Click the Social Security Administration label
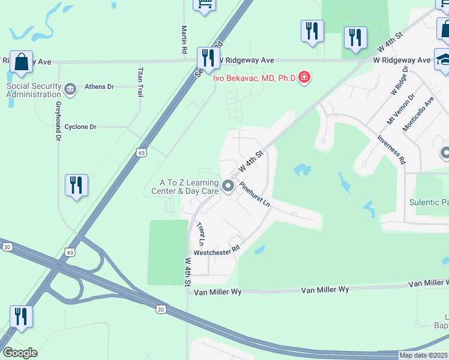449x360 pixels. (x=34, y=90)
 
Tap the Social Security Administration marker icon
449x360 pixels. (x=70, y=91)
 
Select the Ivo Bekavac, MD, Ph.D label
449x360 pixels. (x=256, y=77)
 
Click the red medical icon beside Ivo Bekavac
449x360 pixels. (x=304, y=77)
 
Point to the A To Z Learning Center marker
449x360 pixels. (x=228, y=187)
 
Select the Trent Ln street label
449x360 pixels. (x=201, y=234)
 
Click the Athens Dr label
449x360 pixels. (x=99, y=86)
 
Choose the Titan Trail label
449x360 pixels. (x=140, y=79)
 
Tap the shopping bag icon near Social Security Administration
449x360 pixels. (x=21, y=62)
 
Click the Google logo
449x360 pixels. (x=20, y=353)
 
